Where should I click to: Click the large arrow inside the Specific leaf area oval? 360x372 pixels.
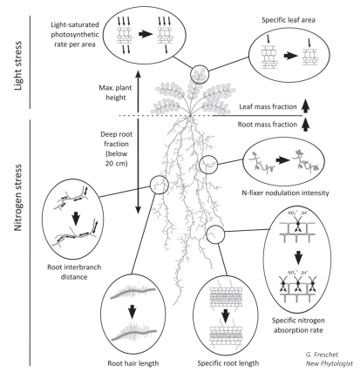pos(295,59)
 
